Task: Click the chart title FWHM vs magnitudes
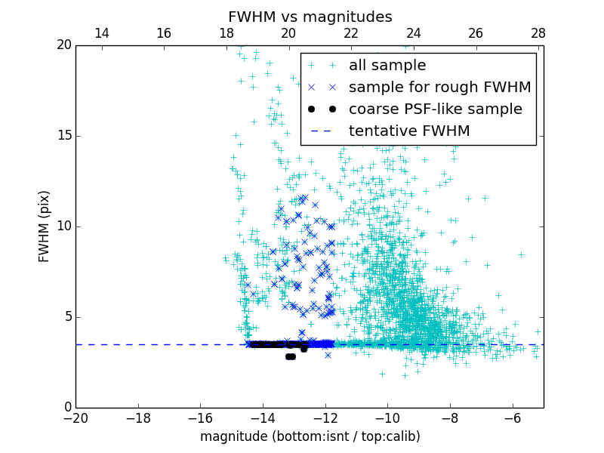coord(310,17)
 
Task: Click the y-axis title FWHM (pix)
coord(45,226)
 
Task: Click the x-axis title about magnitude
coord(310,436)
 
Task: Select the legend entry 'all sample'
coord(387,66)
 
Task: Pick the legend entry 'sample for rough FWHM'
coord(439,88)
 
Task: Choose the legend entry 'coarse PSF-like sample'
coord(435,109)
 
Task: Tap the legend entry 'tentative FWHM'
coord(409,131)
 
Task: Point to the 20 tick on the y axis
coord(63,45)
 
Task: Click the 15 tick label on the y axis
coord(63,136)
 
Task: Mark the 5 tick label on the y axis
coord(66,317)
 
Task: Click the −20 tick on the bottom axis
coord(75,418)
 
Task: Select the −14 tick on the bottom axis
coord(263,418)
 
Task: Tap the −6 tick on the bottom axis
coord(512,418)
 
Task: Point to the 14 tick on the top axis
coord(101,33)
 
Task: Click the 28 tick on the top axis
coord(538,33)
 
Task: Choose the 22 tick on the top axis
coord(351,33)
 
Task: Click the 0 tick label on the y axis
coord(66,408)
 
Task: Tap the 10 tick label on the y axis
coord(63,226)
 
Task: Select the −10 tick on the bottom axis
coord(387,418)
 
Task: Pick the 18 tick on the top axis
coord(226,33)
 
